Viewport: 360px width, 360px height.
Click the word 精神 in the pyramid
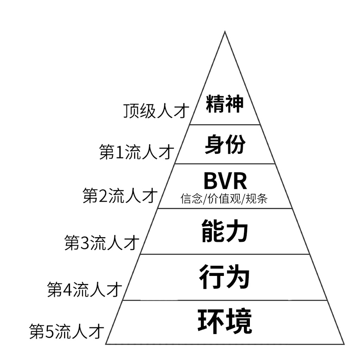pos(225,104)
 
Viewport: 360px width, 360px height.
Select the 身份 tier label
pos(225,144)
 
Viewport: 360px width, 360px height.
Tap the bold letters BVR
pos(225,181)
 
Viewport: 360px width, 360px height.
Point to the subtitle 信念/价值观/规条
pos(224,198)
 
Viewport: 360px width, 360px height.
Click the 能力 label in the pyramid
pos(225,231)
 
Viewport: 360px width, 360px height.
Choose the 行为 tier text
pos(224,276)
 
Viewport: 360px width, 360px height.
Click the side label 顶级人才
pos(156,111)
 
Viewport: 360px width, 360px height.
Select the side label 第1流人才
pos(137,152)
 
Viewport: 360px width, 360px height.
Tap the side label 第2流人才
pos(120,195)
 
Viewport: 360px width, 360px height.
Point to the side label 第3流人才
pos(102,242)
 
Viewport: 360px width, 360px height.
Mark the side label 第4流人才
pos(84,289)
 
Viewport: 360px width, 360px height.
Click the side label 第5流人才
pos(67,331)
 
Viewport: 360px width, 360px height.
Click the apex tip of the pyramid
pos(225,31)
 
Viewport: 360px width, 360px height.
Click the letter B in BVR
pos(211,181)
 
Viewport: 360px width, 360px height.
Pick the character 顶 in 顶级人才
pos(131,111)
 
